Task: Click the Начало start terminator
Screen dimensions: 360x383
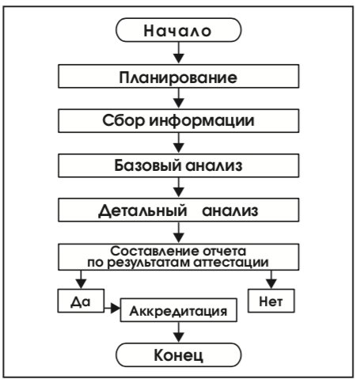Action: point(179,30)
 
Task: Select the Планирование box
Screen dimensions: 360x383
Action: point(179,76)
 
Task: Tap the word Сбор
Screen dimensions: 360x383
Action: point(123,120)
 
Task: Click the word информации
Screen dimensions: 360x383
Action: point(202,120)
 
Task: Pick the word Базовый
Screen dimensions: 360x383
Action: point(148,165)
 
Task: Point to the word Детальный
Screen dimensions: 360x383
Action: point(142,210)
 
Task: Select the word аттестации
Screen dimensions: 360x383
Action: point(231,263)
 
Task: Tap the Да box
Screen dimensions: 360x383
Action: point(81,301)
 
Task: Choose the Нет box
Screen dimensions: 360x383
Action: point(271,301)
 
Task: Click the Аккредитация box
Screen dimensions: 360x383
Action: point(179,310)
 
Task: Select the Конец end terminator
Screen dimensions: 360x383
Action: point(179,355)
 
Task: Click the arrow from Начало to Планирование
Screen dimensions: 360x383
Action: point(179,53)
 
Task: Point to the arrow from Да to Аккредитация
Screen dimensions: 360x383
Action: point(112,308)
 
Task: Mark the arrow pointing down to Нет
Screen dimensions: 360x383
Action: point(271,279)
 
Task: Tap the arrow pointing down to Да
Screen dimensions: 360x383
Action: point(81,279)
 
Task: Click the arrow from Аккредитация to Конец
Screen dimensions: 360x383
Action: point(179,332)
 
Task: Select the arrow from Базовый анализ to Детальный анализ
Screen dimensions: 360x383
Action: point(179,188)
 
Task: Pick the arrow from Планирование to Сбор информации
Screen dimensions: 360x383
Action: point(179,98)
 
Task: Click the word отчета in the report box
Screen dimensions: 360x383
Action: point(224,251)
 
